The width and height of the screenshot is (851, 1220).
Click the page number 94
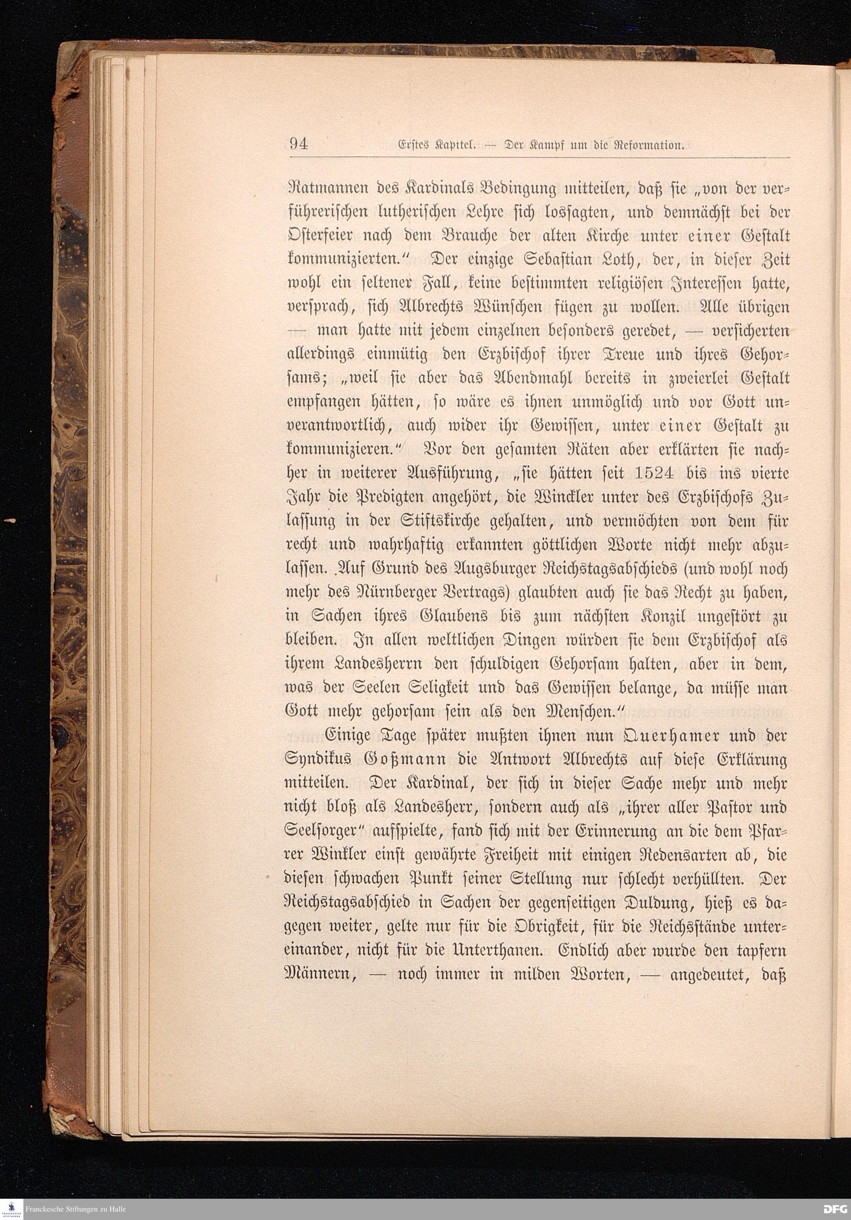click(x=299, y=144)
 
